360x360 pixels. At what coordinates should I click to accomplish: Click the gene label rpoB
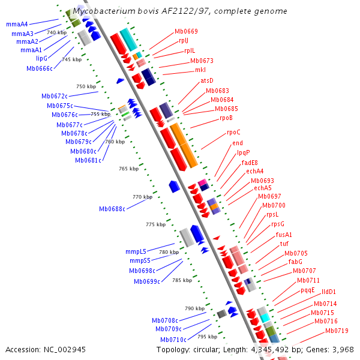226,118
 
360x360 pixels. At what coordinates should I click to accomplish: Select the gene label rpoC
233,132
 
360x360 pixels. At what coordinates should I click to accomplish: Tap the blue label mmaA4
17,24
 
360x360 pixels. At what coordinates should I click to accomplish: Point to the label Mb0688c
112,209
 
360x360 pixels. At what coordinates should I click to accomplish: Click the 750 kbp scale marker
86,86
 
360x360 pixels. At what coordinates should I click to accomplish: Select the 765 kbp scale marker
128,169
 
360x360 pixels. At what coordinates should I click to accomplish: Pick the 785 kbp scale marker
181,280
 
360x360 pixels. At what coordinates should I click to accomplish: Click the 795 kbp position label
207,337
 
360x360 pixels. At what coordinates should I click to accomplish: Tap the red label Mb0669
186,31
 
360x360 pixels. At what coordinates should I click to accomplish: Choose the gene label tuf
284,244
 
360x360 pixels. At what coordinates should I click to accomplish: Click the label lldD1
329,292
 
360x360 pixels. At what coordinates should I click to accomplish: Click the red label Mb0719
337,331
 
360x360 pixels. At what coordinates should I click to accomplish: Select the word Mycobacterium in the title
104,11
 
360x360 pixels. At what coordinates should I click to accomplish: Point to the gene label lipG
41,58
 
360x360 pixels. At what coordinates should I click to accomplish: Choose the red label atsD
207,80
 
